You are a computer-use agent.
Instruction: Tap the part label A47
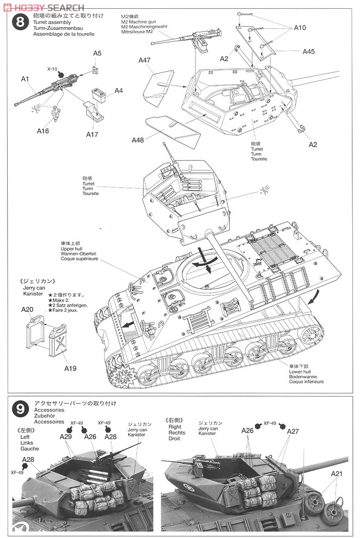click(144, 60)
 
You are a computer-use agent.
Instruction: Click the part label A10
click(300, 28)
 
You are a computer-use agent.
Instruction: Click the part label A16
click(43, 131)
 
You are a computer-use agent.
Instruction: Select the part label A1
click(25, 79)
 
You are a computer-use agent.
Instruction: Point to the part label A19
click(70, 368)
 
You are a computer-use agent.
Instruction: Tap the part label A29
click(66, 436)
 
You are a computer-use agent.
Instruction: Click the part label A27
click(293, 431)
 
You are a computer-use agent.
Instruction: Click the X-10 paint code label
click(52, 70)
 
